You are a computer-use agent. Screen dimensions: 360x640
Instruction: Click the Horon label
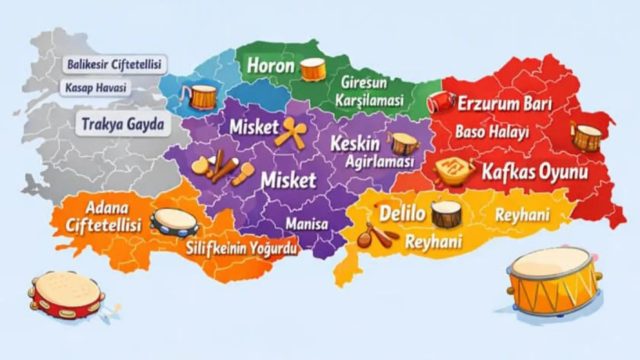coord(271,65)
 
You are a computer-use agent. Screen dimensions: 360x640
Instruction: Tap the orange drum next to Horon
coord(313,69)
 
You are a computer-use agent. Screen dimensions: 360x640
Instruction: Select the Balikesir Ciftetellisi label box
coord(114,64)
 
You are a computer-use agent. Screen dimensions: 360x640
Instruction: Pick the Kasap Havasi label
coord(96,88)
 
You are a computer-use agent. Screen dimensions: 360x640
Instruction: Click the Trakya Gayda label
coord(123,124)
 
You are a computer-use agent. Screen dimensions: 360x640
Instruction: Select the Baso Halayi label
coord(492,132)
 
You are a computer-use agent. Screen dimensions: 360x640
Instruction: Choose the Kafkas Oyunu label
coord(535,172)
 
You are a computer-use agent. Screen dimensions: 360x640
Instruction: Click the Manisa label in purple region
coord(307,224)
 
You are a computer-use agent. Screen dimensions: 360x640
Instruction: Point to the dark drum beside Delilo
coord(447,215)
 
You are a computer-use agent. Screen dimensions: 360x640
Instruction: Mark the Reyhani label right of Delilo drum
coord(522,215)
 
